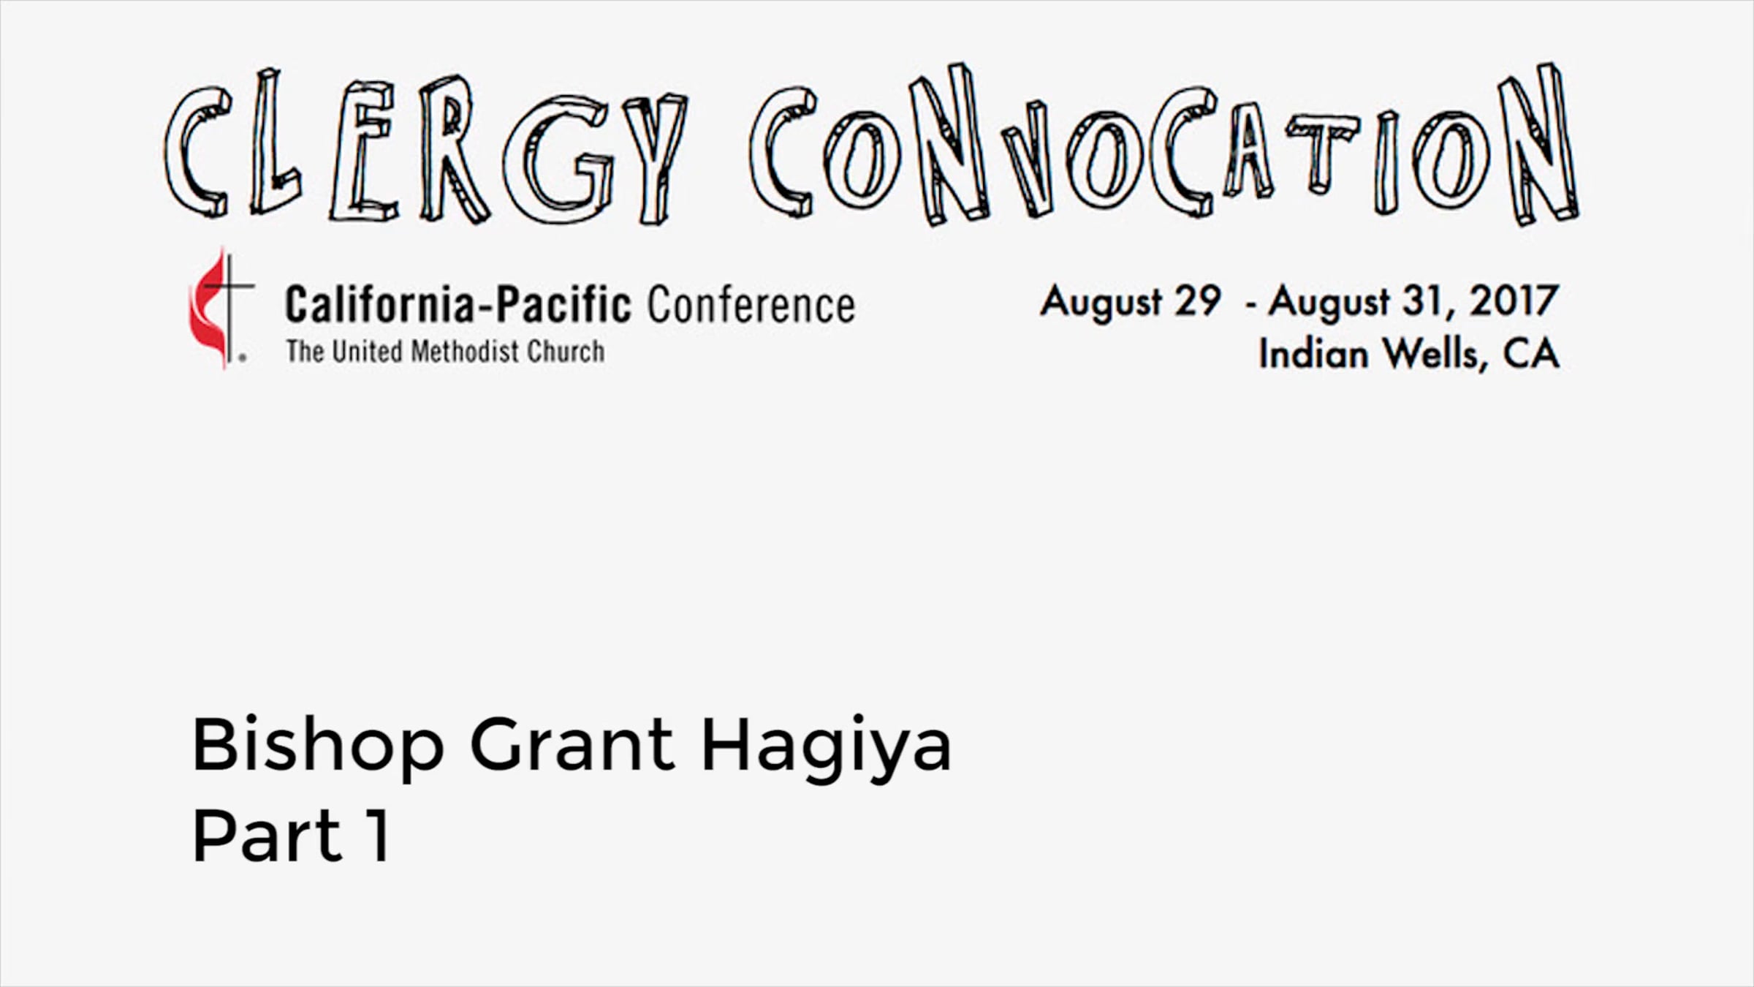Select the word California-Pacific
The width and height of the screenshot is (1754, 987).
coord(458,305)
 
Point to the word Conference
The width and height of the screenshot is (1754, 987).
coord(751,306)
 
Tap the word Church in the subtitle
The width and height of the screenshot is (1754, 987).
coord(566,352)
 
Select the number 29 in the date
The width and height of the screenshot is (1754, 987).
coord(1197,300)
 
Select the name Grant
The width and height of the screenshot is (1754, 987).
coord(572,744)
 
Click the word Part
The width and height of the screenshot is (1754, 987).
coord(267,835)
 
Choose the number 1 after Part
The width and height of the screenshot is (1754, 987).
coord(377,835)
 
